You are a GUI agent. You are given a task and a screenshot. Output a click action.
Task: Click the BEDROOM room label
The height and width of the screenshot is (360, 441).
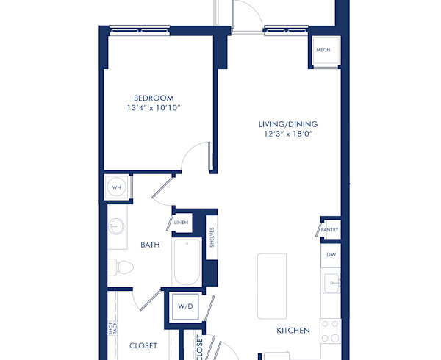tap(153, 98)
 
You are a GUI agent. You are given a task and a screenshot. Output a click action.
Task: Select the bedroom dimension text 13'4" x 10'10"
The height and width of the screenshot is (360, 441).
tap(153, 109)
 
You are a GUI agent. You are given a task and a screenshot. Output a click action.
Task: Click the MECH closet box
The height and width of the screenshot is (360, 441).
tap(323, 50)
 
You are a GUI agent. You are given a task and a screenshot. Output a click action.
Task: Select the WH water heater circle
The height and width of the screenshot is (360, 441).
tap(116, 187)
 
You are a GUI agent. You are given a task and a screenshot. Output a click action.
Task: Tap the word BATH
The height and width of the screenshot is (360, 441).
tap(150, 246)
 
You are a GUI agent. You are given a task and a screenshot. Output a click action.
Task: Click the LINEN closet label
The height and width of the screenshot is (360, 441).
tap(181, 222)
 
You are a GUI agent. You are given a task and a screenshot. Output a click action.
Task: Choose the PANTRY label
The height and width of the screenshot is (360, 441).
tap(330, 230)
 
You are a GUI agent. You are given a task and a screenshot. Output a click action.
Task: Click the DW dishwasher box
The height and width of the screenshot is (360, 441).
tap(330, 256)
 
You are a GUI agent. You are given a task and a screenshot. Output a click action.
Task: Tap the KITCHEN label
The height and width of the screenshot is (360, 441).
tap(293, 331)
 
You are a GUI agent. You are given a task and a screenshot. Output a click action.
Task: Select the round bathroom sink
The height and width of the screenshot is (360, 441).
tap(116, 226)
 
